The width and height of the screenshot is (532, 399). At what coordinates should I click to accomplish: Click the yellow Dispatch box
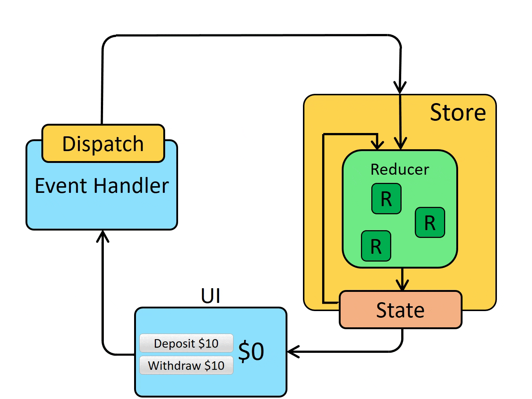(x=103, y=143)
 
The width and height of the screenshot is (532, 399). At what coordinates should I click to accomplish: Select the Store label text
(x=458, y=112)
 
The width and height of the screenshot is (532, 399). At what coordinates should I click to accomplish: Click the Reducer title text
(x=400, y=170)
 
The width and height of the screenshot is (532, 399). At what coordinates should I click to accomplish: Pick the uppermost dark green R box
(x=386, y=199)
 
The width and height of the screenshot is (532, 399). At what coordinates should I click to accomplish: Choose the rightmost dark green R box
(x=430, y=222)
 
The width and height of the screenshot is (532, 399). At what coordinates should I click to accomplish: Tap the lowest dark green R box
(x=376, y=246)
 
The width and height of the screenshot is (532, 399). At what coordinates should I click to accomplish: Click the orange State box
(x=400, y=310)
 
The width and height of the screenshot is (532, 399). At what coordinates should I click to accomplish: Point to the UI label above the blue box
(x=211, y=296)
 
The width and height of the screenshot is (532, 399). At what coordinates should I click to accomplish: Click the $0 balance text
(x=251, y=351)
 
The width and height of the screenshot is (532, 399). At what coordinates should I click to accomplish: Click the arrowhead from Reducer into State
(x=402, y=286)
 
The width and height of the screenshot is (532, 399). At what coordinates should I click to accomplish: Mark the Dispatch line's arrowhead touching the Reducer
(x=400, y=144)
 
